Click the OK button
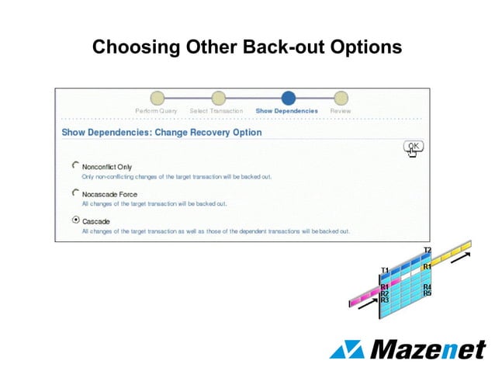[414, 145]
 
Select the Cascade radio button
[75, 220]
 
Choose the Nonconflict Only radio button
[75, 165]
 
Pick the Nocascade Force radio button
[75, 192]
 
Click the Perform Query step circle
[157, 98]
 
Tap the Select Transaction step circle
[219, 98]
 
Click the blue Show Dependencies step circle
[288, 98]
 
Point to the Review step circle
[341, 98]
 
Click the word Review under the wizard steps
[341, 111]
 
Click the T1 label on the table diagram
[385, 270]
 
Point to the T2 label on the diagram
[427, 250]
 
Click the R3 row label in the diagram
[385, 300]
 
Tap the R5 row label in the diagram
[427, 293]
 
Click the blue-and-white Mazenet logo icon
[347, 349]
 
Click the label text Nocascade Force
[109, 193]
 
